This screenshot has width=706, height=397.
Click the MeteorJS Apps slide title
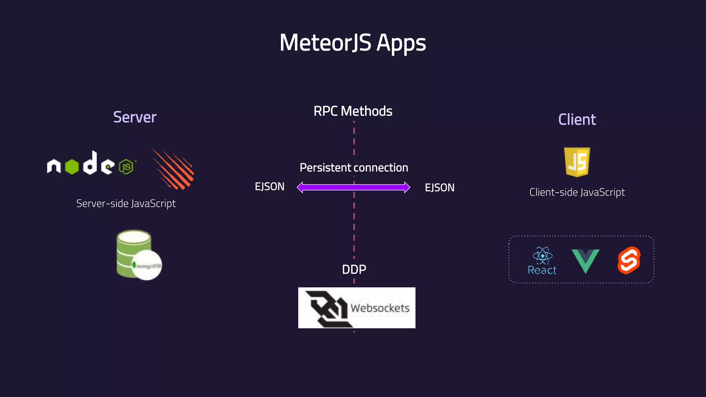[x=353, y=43]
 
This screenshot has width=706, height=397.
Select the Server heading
[x=135, y=117]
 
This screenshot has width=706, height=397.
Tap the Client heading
[x=577, y=120]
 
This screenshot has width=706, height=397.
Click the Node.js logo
[x=91, y=164]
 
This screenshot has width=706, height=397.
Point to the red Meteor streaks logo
[x=173, y=169]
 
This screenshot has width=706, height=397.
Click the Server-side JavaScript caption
[x=126, y=203]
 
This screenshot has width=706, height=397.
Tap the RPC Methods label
[x=353, y=111]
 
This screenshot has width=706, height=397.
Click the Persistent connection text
[x=354, y=167]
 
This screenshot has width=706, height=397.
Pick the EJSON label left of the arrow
[x=269, y=186]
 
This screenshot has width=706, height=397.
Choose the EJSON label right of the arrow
[x=440, y=187]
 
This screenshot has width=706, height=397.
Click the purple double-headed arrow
[x=353, y=187]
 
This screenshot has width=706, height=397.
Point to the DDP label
[x=354, y=269]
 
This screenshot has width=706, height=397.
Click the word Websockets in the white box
[x=380, y=308]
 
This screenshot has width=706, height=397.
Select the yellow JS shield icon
[x=577, y=162]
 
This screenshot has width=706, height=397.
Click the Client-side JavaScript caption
[x=577, y=192]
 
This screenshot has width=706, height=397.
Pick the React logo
[x=542, y=261]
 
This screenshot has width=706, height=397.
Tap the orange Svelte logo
[x=629, y=260]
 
